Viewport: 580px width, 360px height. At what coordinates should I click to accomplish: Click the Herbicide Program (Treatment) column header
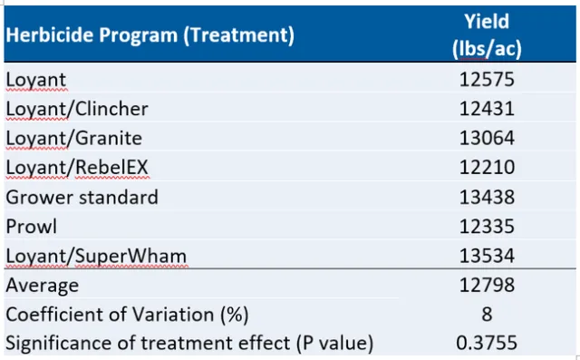click(x=150, y=36)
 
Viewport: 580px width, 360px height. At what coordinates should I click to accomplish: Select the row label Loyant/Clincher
click(x=77, y=109)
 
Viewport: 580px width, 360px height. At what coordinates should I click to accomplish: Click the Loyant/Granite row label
click(x=73, y=138)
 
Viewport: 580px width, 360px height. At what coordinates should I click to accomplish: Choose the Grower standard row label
click(x=82, y=197)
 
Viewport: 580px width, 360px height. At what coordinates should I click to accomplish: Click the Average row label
click(x=42, y=286)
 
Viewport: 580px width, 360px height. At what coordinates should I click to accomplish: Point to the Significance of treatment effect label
click(x=189, y=343)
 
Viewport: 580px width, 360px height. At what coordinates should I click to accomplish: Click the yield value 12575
click(x=487, y=80)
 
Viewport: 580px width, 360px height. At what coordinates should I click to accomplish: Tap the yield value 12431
click(x=487, y=109)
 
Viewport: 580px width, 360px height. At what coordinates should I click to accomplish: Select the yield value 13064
click(x=487, y=138)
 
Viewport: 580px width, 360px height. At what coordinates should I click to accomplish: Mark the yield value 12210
click(x=487, y=168)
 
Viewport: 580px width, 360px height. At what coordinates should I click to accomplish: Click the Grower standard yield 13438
click(x=487, y=197)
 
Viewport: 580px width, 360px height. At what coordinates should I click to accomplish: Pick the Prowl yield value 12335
click(x=487, y=226)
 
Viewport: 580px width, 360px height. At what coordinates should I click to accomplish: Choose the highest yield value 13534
click(x=487, y=256)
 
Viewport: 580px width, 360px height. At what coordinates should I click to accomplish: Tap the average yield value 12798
click(x=487, y=286)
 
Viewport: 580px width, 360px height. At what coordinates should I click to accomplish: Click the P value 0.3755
click(x=487, y=343)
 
